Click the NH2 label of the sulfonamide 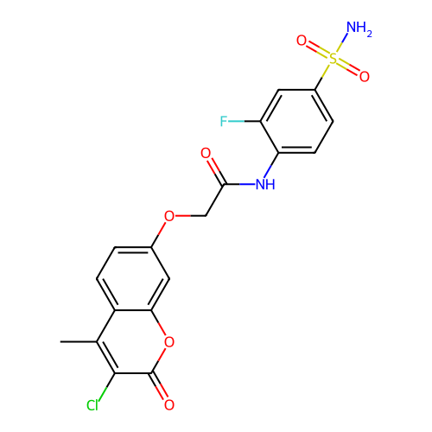(359, 29)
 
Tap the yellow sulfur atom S (333, 59)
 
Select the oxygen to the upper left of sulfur (302, 41)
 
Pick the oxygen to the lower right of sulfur (365, 76)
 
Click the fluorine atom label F (224, 121)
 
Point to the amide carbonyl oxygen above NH (206, 153)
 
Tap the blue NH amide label (265, 184)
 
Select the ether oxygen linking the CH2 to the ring (169, 216)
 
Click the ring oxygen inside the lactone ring (169, 342)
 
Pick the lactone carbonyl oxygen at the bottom (169, 404)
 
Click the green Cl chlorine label (92, 405)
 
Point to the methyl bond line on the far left (79, 342)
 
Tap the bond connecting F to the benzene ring (245, 121)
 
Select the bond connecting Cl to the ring (106, 387)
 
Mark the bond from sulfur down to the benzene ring (322, 77)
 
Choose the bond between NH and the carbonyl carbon (239, 184)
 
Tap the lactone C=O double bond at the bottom (158, 386)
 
